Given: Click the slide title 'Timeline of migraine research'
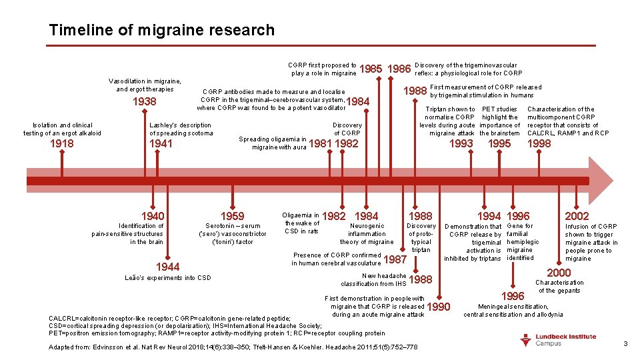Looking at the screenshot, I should [161, 30].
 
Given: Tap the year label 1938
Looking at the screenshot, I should [145, 102].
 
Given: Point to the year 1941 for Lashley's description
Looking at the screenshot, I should [161, 143].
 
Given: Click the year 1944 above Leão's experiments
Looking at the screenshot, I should [167, 266].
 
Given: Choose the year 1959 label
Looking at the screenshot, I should [232, 216].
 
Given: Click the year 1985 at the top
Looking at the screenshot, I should [370, 69].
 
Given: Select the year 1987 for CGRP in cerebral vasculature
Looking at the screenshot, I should [396, 259].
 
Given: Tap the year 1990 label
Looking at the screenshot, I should [438, 307].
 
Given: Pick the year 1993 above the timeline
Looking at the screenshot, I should [461, 143].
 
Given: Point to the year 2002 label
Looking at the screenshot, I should [577, 216].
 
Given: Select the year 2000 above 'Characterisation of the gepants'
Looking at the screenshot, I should [559, 273].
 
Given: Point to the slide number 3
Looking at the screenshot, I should [625, 343].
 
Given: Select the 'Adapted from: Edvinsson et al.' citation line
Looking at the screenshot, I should [233, 347].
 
